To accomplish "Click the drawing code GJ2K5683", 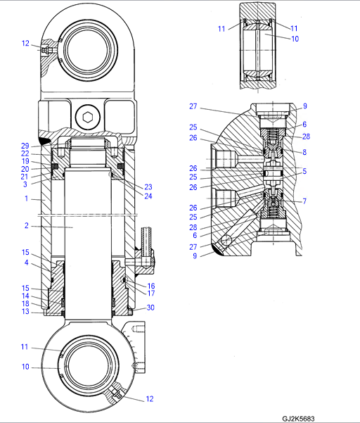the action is tap(298, 419).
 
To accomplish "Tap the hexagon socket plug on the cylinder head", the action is tap(88, 118).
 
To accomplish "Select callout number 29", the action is tap(25, 146).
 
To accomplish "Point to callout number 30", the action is tap(150, 308).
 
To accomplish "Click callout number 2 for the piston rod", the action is tap(27, 225).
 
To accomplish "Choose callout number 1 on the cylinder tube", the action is tap(27, 198).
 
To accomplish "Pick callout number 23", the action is tap(148, 187).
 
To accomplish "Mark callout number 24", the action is tap(148, 196).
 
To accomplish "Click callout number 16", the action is tap(151, 286).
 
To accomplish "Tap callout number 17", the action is tap(151, 293).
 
